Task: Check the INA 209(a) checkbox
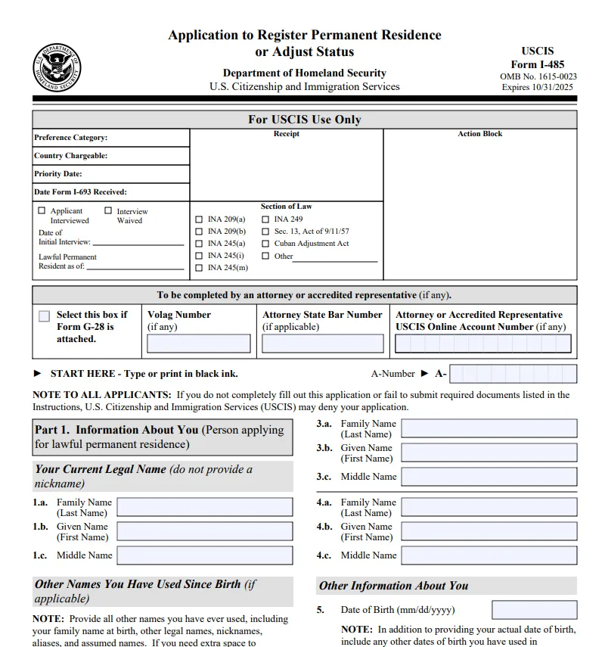[199, 219]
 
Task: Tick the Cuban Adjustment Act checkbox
[265, 244]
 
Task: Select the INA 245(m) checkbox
[199, 268]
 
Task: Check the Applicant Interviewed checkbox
[42, 211]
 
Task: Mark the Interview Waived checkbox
[108, 211]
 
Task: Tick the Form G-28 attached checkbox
[45, 316]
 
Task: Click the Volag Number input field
[199, 344]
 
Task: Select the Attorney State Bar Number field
[323, 344]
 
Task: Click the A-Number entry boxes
[513, 374]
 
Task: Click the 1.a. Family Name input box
[205, 507]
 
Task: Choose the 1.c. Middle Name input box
[205, 555]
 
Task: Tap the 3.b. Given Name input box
[489, 453]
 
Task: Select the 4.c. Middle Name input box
[489, 555]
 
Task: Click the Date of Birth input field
[534, 610]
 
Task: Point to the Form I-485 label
[537, 64]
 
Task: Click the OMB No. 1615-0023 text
[538, 76]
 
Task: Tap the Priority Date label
[58, 174]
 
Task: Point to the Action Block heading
[479, 134]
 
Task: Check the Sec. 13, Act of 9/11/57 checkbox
[265, 232]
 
